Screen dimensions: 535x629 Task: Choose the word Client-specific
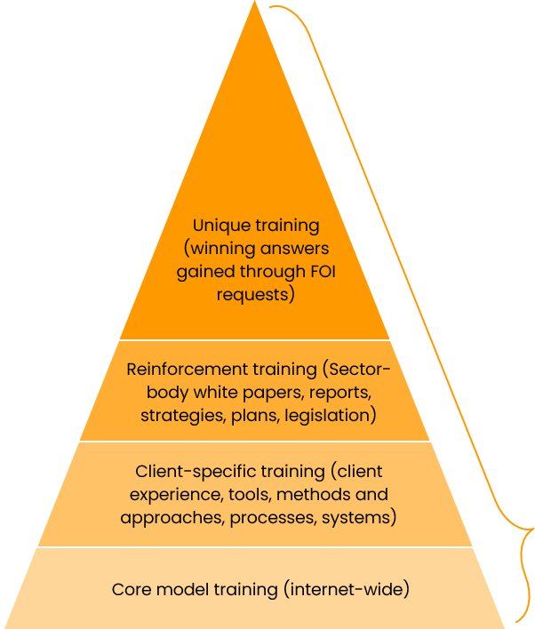coord(189,471)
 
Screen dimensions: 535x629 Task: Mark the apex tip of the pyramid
coord(255,3)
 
